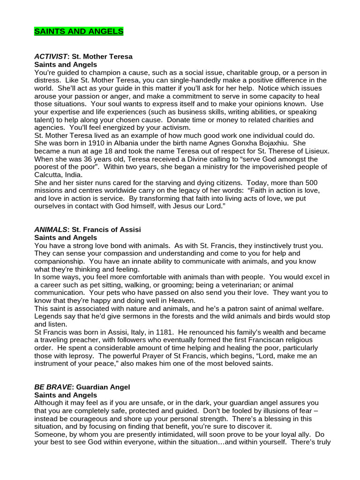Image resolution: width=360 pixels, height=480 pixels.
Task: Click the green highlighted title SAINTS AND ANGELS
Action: click(x=79, y=31)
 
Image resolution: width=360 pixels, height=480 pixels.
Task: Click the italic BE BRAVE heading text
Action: click(x=52, y=387)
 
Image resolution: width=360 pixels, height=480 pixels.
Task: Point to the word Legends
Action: click(x=49, y=316)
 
